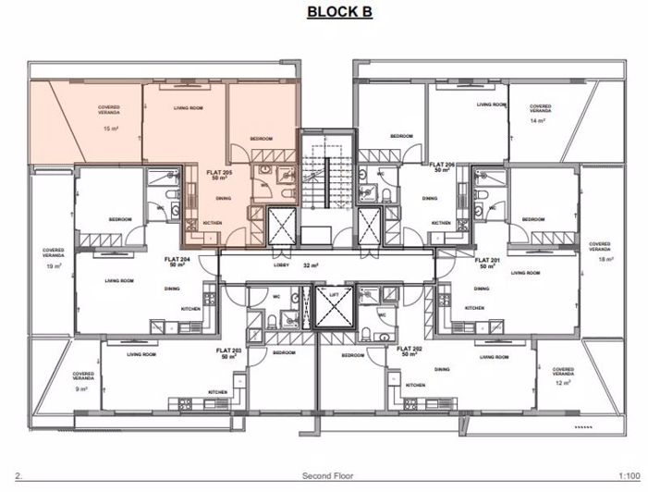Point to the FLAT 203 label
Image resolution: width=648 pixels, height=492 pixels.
point(228,351)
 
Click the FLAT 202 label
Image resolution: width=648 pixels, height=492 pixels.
point(410,351)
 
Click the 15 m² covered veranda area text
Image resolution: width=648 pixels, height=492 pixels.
point(110,129)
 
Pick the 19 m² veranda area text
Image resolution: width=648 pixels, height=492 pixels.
point(54,265)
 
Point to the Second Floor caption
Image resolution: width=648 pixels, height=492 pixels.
point(324,478)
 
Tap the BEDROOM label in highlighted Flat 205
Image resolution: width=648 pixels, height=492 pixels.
point(262,139)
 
